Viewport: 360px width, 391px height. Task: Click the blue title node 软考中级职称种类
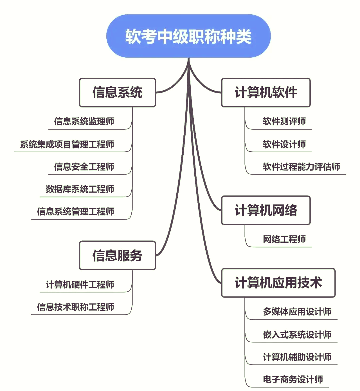point(188,36)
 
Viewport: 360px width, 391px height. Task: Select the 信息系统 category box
point(117,93)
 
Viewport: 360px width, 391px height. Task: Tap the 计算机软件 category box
point(266,93)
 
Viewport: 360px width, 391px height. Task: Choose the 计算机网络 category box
point(266,210)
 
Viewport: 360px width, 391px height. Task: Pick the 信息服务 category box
point(117,255)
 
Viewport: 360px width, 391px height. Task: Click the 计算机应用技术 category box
point(278,283)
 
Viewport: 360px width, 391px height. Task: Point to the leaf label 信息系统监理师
point(84,121)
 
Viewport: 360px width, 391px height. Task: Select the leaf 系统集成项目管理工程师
point(67,144)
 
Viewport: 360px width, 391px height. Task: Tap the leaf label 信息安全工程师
point(84,167)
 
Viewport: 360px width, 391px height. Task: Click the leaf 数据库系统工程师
point(80,189)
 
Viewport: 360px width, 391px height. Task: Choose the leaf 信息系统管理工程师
point(76,212)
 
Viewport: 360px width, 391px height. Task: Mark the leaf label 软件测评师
point(284,121)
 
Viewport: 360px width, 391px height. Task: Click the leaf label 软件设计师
point(284,144)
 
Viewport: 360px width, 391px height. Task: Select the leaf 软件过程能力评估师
point(301,167)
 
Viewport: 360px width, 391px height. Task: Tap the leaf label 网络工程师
point(284,239)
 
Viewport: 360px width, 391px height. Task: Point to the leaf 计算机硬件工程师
point(80,285)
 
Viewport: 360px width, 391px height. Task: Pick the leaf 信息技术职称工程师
point(76,307)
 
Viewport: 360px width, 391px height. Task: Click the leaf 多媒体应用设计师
point(297,312)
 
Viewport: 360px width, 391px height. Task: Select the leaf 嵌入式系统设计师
point(297,335)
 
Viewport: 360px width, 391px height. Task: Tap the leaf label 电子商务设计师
point(293,379)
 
